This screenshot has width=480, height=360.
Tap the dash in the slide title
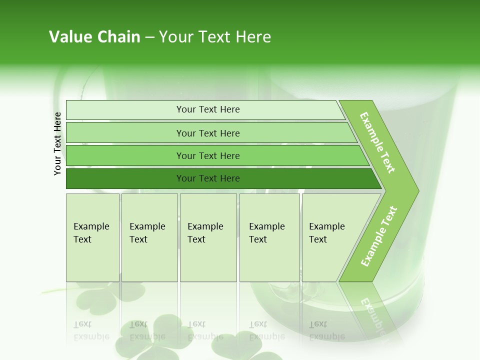(149, 37)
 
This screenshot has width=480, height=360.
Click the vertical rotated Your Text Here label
(57, 143)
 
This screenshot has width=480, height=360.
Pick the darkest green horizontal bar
(208, 178)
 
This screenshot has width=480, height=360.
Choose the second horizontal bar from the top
(208, 133)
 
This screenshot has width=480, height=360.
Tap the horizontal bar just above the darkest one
(208, 156)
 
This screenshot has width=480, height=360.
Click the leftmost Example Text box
(92, 237)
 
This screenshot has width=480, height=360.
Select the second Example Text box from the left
(149, 237)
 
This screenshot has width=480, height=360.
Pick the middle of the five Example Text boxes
(208, 237)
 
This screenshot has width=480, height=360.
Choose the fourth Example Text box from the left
(269, 237)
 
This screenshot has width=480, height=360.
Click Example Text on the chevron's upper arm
(377, 142)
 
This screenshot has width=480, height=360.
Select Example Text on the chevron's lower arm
(379, 236)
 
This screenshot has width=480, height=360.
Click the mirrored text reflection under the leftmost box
(91, 330)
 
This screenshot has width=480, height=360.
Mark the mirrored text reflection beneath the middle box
(205, 330)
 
